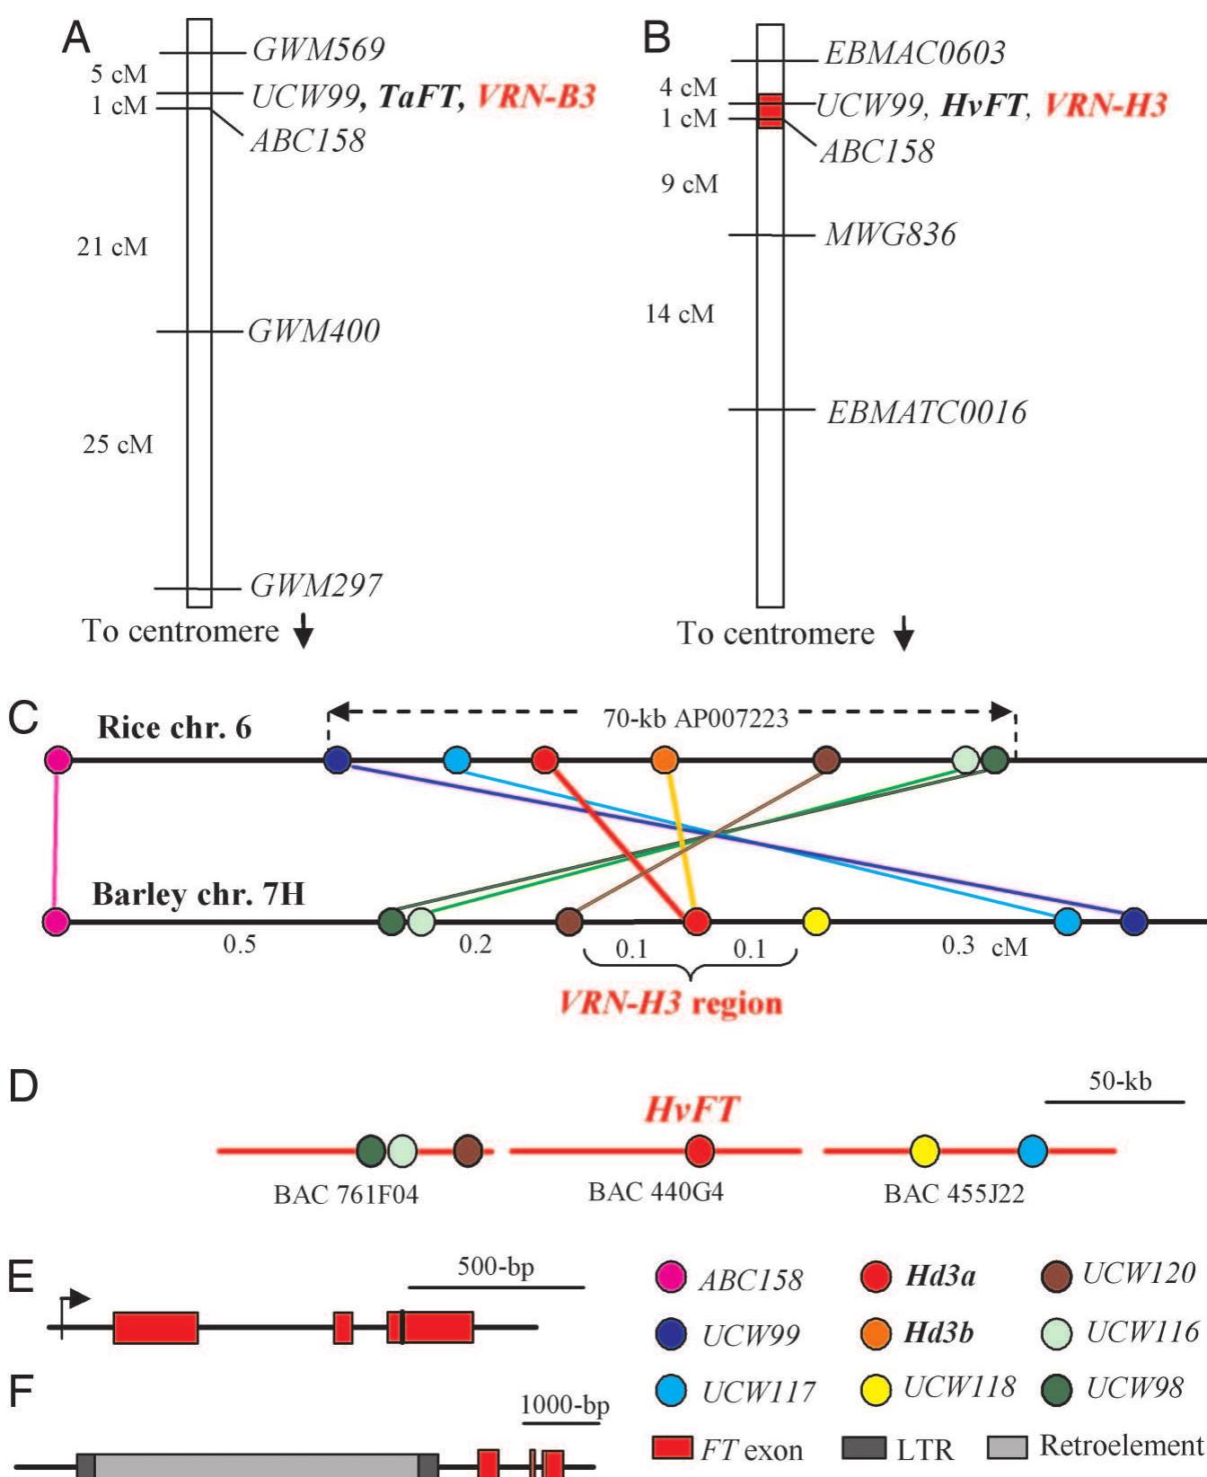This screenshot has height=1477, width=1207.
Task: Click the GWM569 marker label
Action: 318,49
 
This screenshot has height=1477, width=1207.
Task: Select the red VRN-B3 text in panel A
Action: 536,96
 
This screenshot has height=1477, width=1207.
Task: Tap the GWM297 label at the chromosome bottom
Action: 315,587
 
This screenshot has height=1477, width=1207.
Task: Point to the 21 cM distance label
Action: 111,247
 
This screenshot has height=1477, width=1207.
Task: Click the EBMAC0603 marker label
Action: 914,54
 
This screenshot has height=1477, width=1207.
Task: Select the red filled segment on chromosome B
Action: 770,111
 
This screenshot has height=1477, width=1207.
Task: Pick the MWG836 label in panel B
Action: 890,235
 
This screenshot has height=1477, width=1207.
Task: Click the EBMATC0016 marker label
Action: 926,413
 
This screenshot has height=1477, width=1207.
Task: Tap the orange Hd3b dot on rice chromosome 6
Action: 664,760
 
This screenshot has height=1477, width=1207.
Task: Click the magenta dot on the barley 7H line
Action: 57,922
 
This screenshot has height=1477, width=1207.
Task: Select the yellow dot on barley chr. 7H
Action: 815,921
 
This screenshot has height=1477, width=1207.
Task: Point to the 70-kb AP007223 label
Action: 695,719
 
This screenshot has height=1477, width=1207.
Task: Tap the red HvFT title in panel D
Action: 692,1110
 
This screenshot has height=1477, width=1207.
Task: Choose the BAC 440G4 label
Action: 656,1192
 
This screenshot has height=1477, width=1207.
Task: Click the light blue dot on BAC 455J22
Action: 1033,1151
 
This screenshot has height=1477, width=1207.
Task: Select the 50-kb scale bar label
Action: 1120,1081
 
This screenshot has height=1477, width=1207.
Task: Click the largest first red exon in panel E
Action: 155,1328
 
